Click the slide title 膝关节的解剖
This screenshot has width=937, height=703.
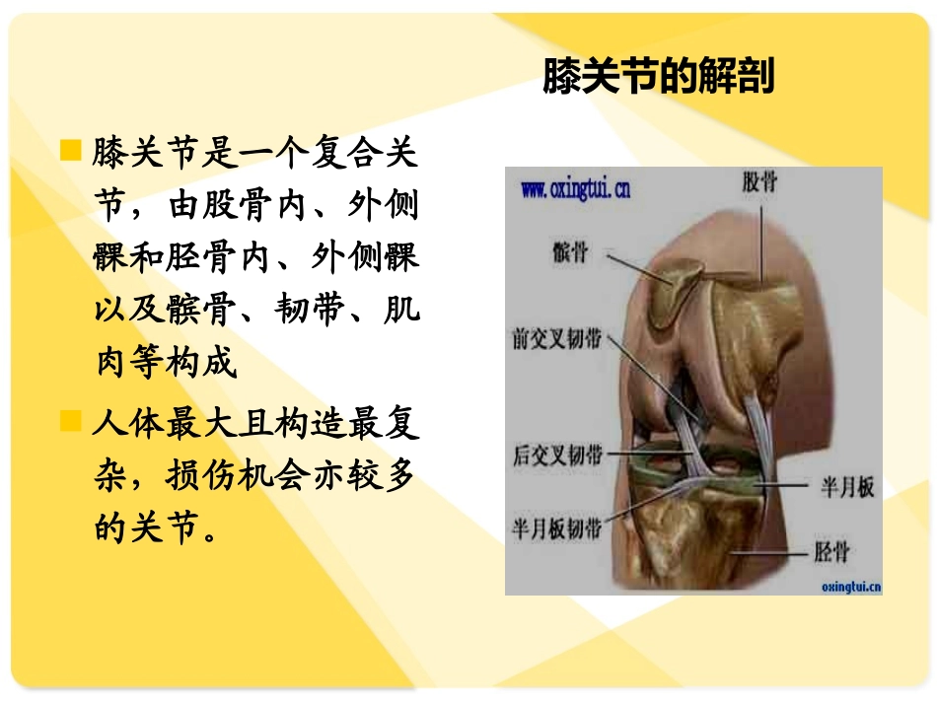coord(658,77)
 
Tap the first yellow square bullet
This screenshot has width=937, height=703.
coord(70,151)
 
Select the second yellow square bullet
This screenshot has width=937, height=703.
coord(70,423)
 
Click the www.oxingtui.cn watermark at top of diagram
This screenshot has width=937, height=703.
coord(575,188)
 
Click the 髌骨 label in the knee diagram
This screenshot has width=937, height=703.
coord(569,253)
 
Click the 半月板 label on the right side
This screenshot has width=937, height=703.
coord(847,487)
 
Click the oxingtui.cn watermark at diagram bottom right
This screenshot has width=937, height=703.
coord(850,587)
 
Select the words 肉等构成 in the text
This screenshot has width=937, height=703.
coord(167,362)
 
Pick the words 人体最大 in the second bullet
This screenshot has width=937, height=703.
coord(166,426)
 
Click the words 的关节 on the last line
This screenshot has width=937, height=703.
coord(148,528)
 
